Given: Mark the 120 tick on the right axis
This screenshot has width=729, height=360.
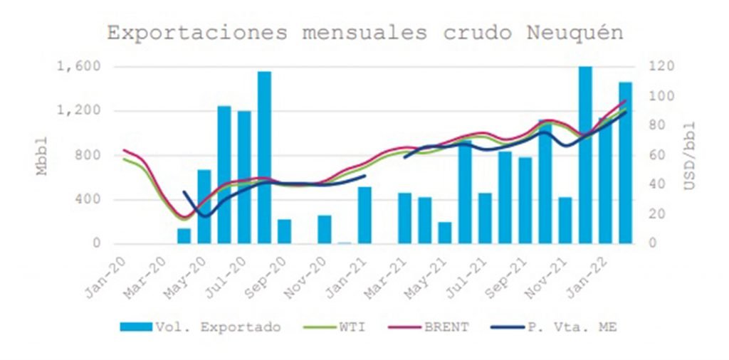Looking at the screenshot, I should point(660,67).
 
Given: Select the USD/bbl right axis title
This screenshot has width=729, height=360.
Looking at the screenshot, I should point(689,155).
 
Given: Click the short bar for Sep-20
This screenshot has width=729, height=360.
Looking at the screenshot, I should point(284,231).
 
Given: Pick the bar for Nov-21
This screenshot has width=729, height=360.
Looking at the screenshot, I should point(565,220).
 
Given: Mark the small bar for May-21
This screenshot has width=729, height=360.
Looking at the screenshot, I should point(445,233).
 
